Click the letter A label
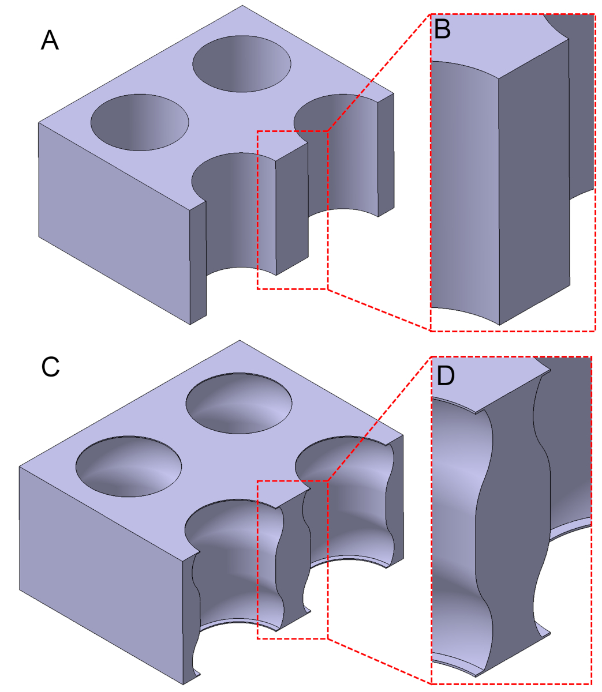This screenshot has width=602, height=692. point(50,40)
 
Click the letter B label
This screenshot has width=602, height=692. point(442,29)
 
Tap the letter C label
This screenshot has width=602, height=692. point(50,367)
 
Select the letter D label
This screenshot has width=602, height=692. point(446,376)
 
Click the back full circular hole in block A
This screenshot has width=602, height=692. point(242,64)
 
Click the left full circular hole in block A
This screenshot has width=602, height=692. point(140,122)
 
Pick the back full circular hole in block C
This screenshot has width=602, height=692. point(239,403)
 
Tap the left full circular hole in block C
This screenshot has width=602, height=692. point(129,467)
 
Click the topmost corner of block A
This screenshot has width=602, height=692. point(242,5)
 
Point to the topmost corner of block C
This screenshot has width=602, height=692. point(240,340)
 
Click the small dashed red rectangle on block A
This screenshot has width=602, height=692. point(293,210)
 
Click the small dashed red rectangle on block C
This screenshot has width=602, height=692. point(293,560)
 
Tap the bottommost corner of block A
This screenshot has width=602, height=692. point(190,325)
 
